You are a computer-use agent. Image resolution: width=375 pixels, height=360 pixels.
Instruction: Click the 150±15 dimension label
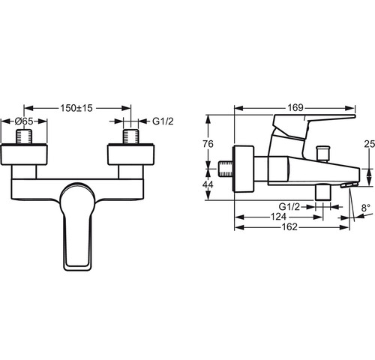pos(76,108)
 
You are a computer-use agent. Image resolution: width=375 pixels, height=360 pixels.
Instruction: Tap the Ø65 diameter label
pos(24,121)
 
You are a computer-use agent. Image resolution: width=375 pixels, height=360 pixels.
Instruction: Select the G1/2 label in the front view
pos(163,121)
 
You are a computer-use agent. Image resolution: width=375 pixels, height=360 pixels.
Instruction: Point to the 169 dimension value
pos(295,108)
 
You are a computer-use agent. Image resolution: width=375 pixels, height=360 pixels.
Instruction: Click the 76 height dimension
pos(208,144)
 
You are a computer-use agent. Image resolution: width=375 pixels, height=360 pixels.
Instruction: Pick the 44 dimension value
pos(208,184)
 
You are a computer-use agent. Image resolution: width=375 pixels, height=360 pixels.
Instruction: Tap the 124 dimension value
pos(278,217)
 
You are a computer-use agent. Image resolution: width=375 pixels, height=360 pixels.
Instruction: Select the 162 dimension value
pos(289,227)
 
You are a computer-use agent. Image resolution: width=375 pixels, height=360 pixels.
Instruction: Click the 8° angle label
pos(366,208)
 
